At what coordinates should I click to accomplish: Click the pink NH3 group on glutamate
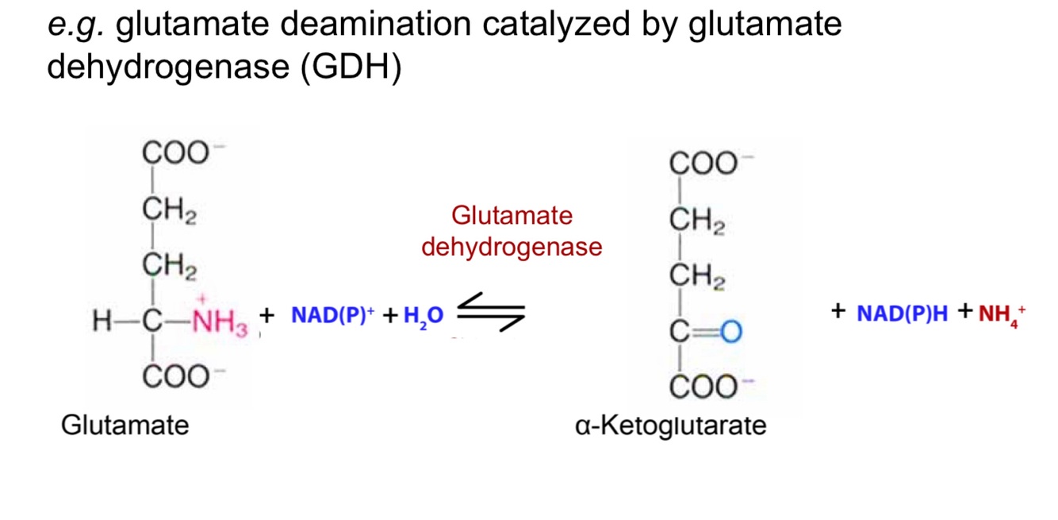tap(220, 322)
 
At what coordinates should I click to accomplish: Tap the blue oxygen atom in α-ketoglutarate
tap(730, 332)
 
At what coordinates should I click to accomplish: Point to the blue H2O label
tap(424, 316)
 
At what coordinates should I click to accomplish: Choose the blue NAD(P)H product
tap(902, 314)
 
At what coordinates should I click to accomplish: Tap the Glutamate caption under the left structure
tap(125, 425)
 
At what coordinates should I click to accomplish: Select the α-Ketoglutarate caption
tap(671, 426)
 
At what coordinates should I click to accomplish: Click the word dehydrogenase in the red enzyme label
tap(512, 247)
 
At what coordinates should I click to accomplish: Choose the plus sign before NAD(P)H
tap(838, 312)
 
